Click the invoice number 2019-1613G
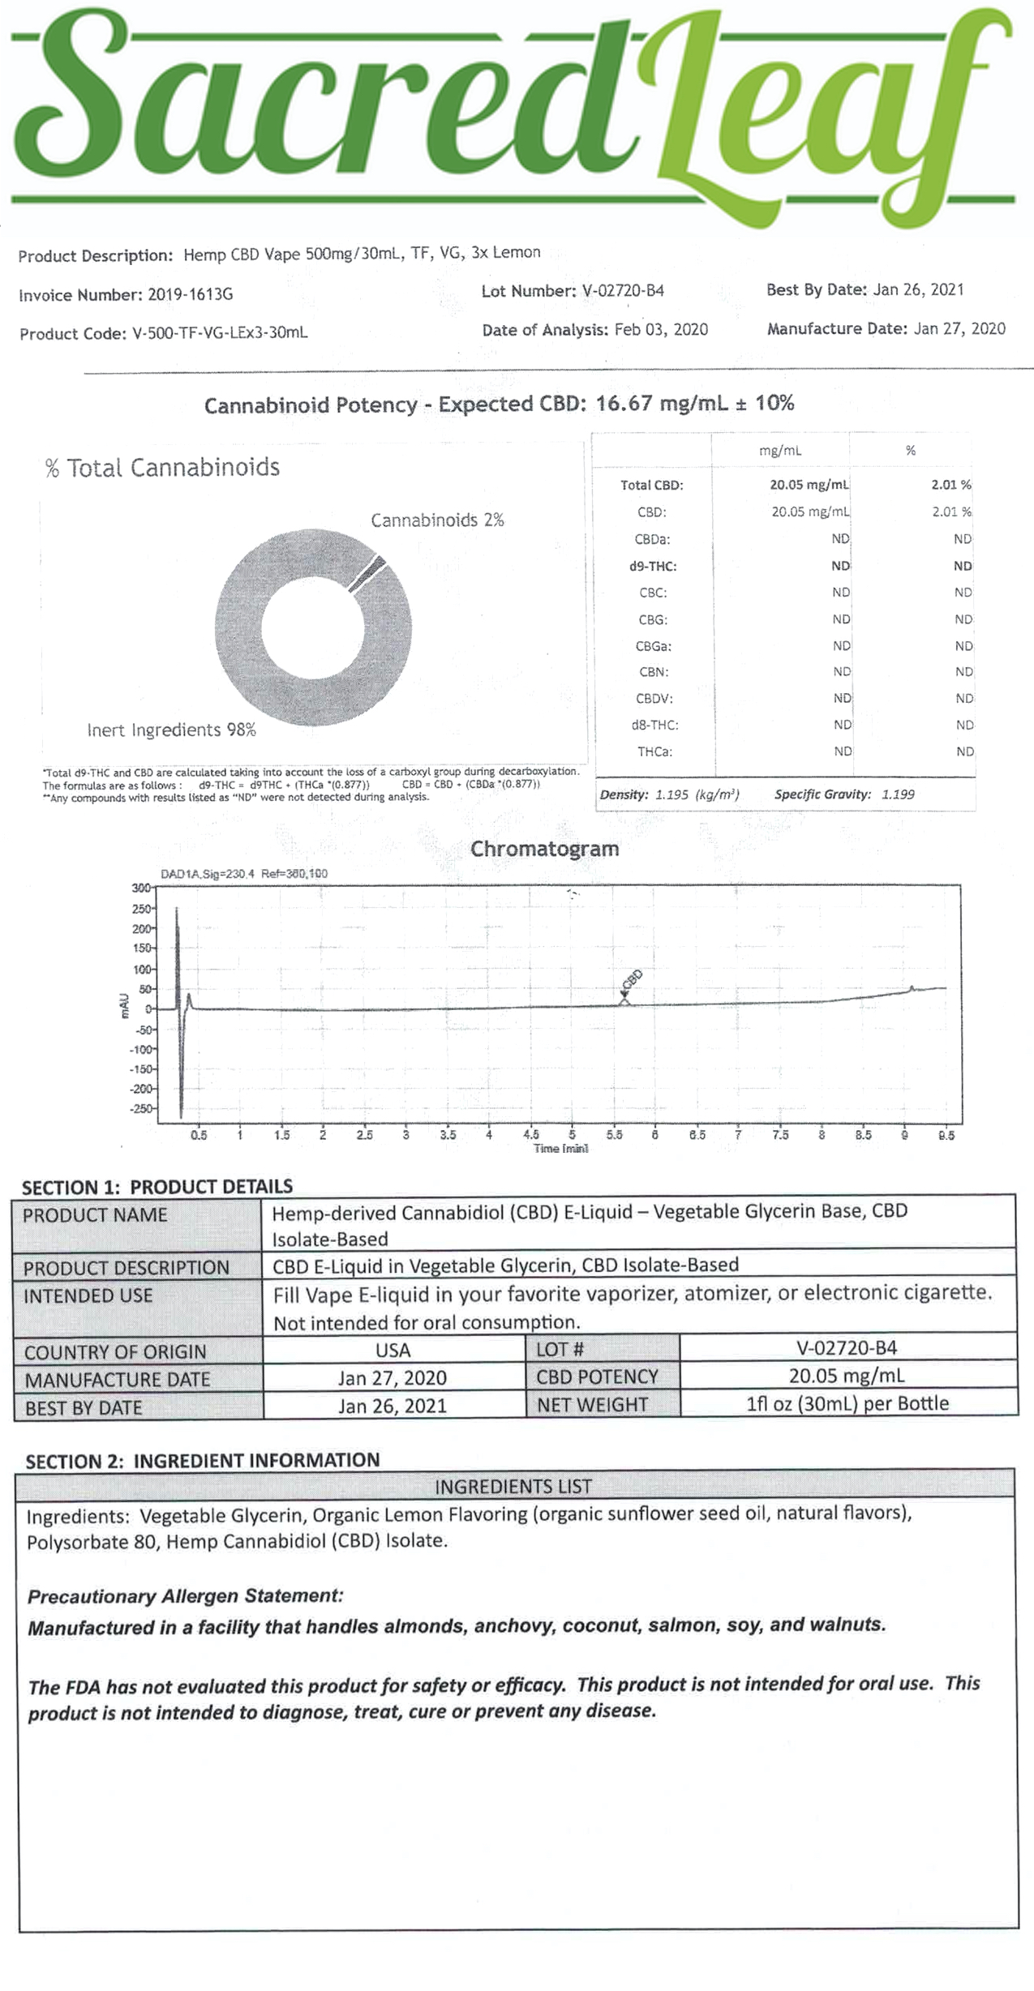190,295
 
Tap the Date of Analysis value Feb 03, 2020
661,330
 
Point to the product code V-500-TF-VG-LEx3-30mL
220,333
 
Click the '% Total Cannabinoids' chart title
162,468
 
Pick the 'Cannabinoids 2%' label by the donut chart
437,520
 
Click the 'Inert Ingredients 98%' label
172,730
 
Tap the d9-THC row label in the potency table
653,566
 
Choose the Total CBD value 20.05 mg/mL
809,485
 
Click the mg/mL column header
780,451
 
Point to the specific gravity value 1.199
898,794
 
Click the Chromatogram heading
544,849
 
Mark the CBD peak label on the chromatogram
632,979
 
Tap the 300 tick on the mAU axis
141,888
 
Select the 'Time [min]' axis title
560,1149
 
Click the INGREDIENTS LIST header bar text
513,1487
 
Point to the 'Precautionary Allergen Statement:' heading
186,1596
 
